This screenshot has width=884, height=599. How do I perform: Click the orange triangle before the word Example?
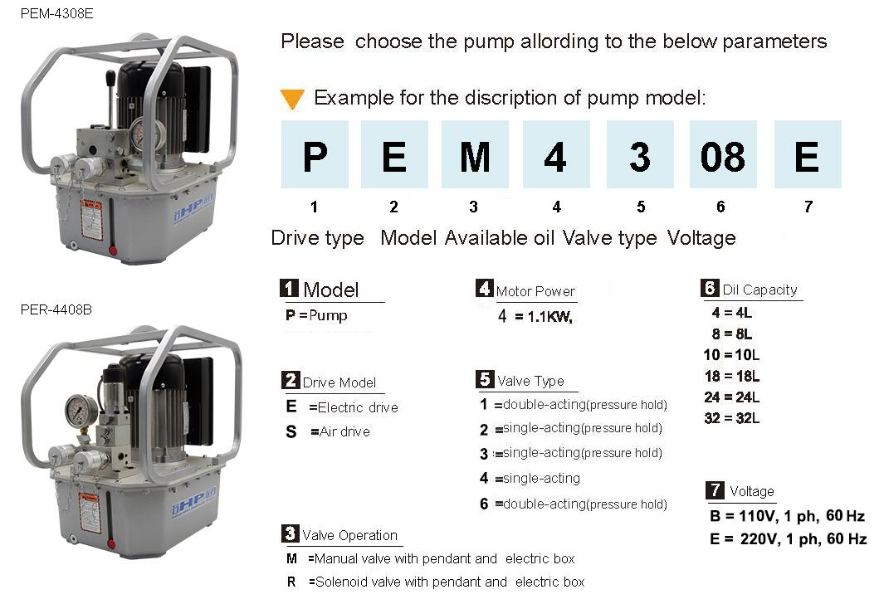(x=291, y=99)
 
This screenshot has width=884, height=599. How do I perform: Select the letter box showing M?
(x=475, y=155)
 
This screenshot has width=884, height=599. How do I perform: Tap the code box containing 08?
(x=722, y=155)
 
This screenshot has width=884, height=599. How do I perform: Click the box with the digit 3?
(x=639, y=155)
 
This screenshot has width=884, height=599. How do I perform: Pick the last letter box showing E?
(x=807, y=155)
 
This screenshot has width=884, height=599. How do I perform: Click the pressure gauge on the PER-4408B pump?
(x=81, y=410)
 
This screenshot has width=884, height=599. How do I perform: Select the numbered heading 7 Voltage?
(x=741, y=490)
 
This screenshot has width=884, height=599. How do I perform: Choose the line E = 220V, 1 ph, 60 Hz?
(x=787, y=539)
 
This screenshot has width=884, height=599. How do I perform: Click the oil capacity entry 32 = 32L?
(x=731, y=418)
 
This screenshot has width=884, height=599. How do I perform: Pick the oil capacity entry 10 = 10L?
(x=731, y=355)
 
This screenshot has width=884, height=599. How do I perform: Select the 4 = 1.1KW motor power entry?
(x=535, y=317)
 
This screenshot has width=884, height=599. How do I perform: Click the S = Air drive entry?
(x=329, y=431)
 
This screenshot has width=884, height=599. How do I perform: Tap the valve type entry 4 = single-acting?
(x=530, y=478)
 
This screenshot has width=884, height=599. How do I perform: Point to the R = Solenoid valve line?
(x=436, y=582)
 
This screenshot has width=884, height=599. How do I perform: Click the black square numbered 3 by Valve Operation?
(x=291, y=533)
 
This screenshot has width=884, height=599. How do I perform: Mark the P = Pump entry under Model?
(x=316, y=315)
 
